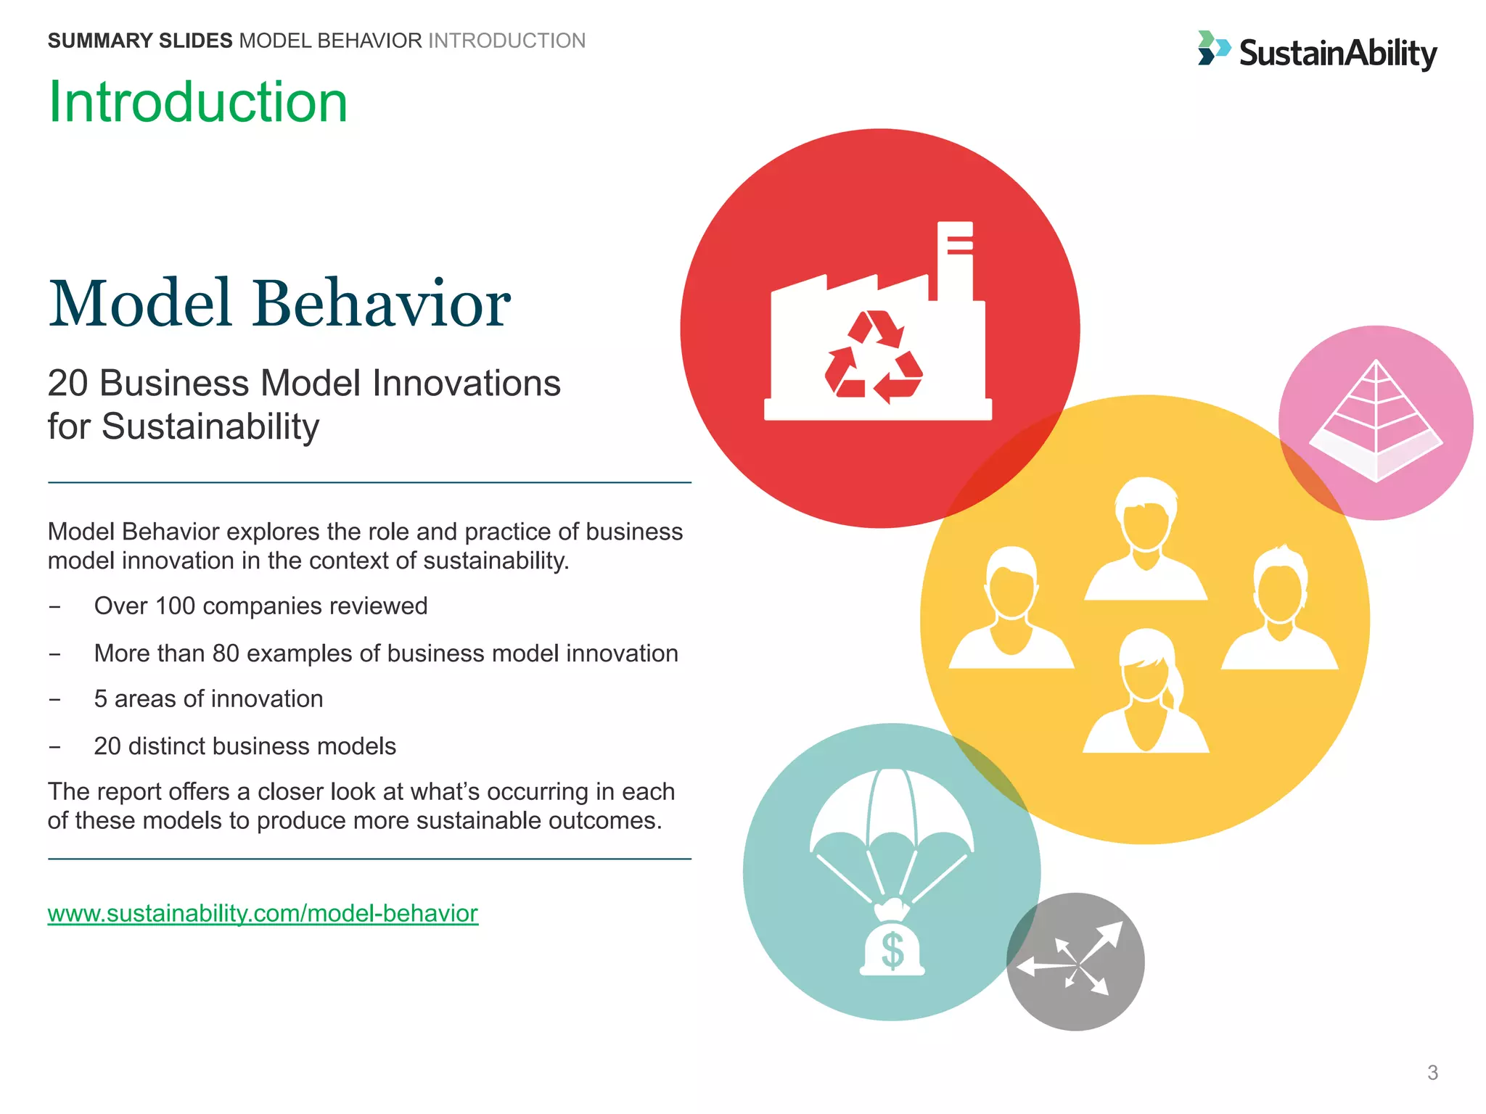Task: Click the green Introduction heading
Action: [x=198, y=102]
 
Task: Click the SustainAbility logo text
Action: [x=1337, y=54]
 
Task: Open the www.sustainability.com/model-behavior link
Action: [x=263, y=913]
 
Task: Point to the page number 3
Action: [x=1432, y=1073]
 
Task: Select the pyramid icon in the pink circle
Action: [x=1376, y=421]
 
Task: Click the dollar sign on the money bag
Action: [x=892, y=951]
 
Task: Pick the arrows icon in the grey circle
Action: [x=1075, y=962]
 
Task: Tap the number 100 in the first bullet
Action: [x=175, y=606]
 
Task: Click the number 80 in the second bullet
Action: [x=226, y=653]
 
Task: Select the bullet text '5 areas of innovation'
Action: [x=208, y=698]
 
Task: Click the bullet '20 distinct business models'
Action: [x=245, y=746]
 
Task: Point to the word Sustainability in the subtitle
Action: [x=210, y=426]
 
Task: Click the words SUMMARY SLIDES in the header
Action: [x=140, y=41]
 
